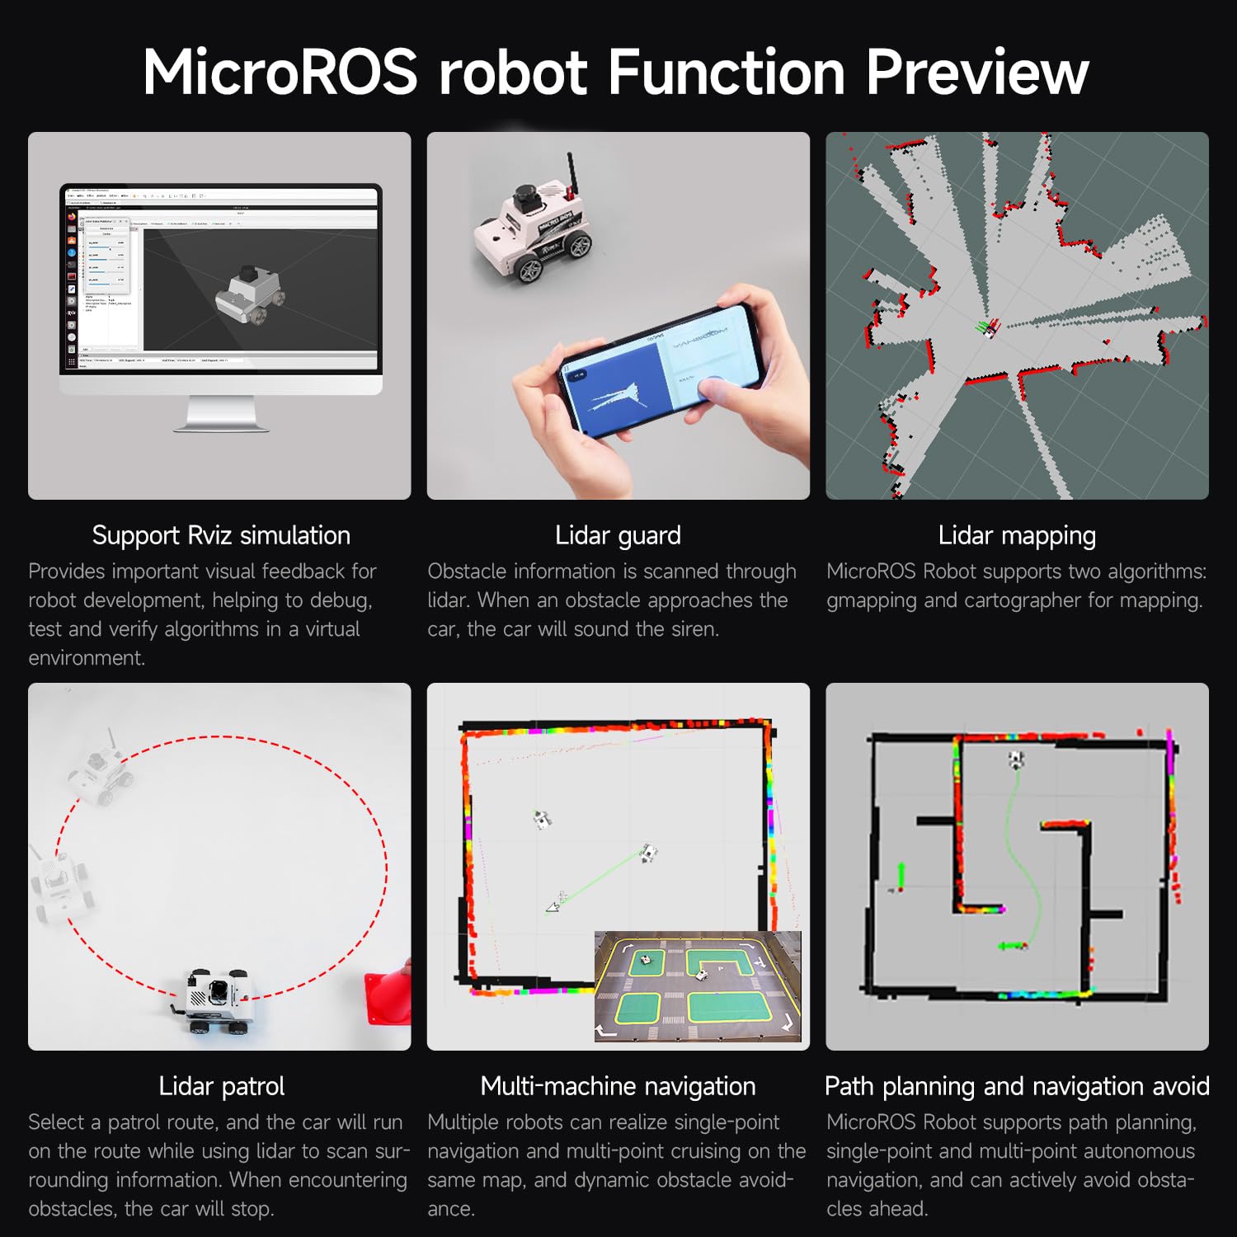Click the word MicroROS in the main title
(x=280, y=73)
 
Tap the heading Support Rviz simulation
(x=221, y=535)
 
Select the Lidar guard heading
(x=618, y=535)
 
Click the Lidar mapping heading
(x=1017, y=535)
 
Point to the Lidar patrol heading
(x=221, y=1086)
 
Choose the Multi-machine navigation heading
(x=618, y=1086)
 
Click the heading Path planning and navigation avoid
(x=1017, y=1086)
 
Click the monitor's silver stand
(x=221, y=412)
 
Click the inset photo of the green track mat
(x=698, y=986)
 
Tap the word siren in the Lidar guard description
(x=693, y=629)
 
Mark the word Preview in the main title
(x=977, y=73)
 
